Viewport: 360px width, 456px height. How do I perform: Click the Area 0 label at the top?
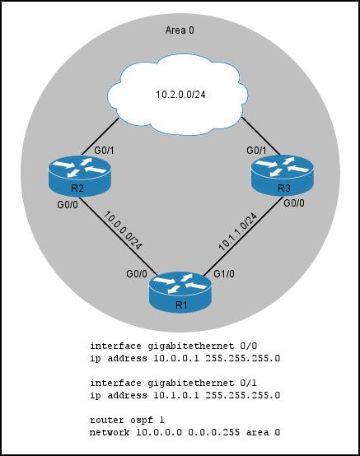click(x=180, y=30)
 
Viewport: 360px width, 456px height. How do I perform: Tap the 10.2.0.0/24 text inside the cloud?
click(x=180, y=94)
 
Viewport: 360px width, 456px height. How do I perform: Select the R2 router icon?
click(x=79, y=176)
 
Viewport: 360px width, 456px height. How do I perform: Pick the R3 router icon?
click(x=282, y=175)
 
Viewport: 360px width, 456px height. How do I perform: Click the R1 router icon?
click(x=180, y=292)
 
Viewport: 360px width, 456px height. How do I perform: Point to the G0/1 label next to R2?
click(x=104, y=151)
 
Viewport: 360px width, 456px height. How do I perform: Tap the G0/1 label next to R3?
click(x=256, y=151)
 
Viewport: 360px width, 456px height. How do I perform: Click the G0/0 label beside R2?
click(x=68, y=205)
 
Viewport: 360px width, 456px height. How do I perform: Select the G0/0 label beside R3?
click(x=294, y=203)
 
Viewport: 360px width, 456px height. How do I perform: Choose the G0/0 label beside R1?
click(x=137, y=274)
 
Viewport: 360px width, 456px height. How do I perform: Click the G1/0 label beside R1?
click(x=224, y=274)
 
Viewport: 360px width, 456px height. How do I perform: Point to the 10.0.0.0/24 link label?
click(x=123, y=230)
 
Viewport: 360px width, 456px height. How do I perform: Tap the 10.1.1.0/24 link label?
click(x=238, y=232)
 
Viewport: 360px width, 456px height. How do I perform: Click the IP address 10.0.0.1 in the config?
click(x=176, y=358)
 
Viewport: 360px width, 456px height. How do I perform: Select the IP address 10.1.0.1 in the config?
click(x=176, y=395)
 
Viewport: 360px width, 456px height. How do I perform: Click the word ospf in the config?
click(x=142, y=421)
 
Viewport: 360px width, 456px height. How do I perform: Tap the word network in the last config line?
click(x=110, y=432)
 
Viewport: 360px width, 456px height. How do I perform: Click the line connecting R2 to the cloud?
click(x=101, y=137)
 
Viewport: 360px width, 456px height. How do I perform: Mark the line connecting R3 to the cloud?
click(x=261, y=136)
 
